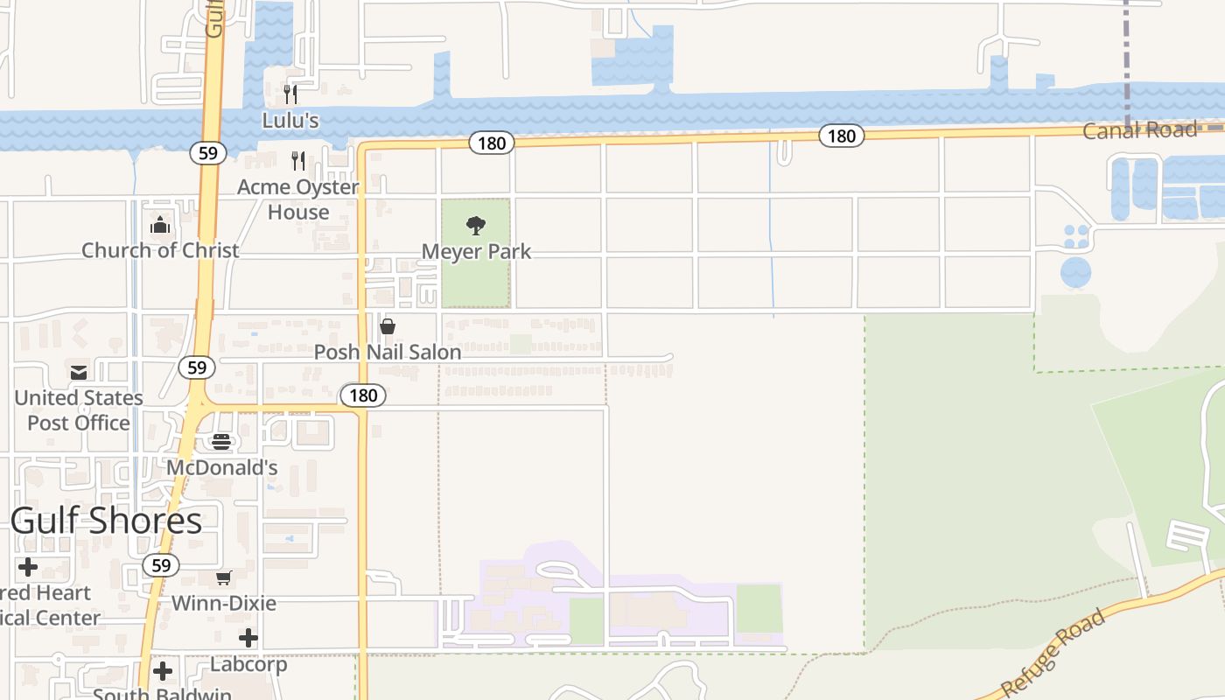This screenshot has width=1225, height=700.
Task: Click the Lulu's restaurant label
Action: tap(290, 120)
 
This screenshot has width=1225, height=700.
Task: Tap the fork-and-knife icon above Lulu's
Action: tap(290, 94)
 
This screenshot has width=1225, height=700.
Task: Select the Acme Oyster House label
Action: tap(298, 199)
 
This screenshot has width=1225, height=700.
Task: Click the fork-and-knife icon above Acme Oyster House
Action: tap(298, 160)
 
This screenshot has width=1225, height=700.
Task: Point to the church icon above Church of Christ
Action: tap(159, 226)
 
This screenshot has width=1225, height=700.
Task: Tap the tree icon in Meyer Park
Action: tap(476, 227)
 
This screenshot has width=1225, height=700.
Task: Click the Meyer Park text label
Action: tap(476, 252)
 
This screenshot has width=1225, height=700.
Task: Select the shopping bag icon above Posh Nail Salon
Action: tap(388, 326)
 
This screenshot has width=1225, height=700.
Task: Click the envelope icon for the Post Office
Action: tap(79, 373)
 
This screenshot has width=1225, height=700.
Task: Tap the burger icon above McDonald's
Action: tap(221, 442)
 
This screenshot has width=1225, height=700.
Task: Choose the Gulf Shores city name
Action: tap(107, 521)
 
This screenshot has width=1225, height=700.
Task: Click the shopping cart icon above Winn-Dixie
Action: tap(224, 577)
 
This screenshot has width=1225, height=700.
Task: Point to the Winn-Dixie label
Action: tap(224, 603)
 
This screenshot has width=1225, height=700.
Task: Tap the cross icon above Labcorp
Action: tap(248, 638)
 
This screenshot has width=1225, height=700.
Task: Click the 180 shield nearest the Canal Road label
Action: tap(841, 136)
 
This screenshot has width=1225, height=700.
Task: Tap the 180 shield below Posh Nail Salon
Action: tap(363, 395)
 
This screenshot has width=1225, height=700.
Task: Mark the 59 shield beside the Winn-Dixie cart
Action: tap(161, 565)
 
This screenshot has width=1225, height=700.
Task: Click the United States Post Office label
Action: tap(79, 410)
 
